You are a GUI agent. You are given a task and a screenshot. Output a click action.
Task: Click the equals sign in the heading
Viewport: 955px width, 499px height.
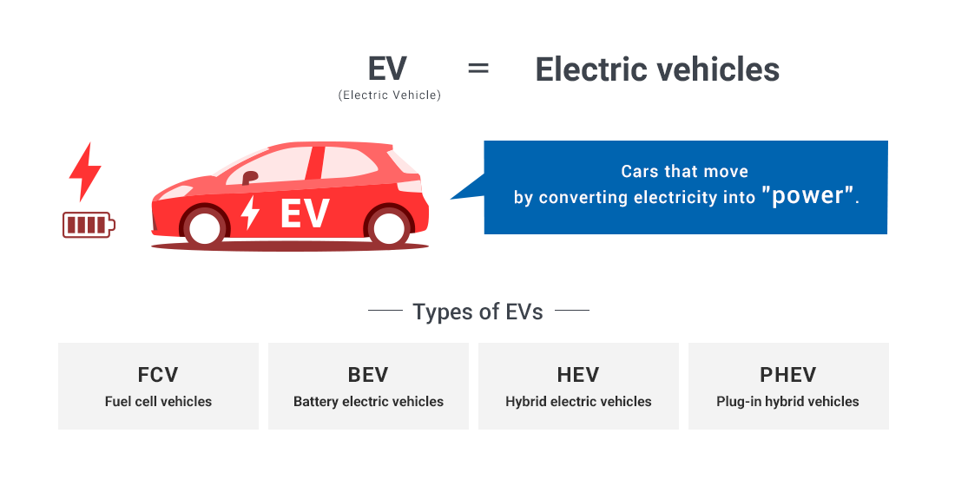click(478, 69)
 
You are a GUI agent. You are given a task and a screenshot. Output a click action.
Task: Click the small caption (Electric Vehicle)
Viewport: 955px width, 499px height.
click(390, 95)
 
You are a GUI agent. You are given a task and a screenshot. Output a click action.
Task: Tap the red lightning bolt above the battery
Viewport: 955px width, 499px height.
click(85, 172)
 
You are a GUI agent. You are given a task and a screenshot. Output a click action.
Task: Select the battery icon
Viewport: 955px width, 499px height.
click(89, 225)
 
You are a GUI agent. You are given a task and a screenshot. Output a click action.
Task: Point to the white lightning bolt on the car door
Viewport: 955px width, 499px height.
click(250, 212)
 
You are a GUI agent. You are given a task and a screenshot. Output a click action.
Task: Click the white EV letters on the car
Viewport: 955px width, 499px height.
click(305, 213)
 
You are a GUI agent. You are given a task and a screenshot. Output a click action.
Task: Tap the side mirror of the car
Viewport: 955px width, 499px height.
click(250, 178)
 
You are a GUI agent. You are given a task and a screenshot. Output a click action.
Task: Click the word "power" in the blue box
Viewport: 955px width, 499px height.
click(807, 195)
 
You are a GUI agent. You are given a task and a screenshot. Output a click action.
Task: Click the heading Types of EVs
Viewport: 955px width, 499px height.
click(478, 312)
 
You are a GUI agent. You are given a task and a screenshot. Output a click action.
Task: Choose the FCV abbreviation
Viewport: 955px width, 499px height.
click(158, 375)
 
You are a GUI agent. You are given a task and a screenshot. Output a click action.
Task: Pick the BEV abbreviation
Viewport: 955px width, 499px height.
click(368, 375)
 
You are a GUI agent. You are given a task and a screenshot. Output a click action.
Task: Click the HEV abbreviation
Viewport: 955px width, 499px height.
click(578, 375)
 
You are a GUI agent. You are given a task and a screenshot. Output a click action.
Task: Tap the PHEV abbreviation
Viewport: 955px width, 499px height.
click(788, 375)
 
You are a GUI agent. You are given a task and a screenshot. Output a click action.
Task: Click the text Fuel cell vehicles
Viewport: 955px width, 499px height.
click(158, 402)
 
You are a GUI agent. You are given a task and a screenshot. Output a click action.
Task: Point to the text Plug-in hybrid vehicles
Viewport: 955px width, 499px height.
click(787, 402)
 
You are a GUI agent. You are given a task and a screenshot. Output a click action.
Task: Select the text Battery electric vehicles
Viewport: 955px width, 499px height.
click(368, 402)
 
